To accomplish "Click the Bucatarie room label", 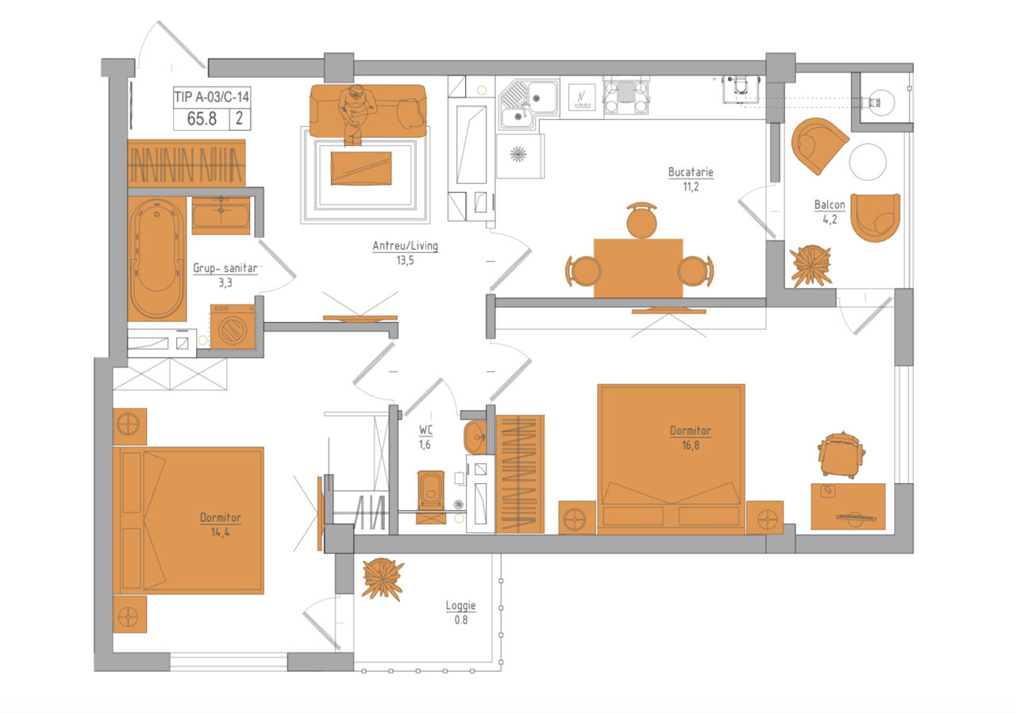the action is click(x=691, y=172).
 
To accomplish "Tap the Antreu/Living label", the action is click(x=405, y=246).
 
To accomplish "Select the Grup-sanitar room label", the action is click(x=225, y=268).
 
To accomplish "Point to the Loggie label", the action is click(x=460, y=606).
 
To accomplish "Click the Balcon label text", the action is click(x=829, y=205).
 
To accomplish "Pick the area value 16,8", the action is click(x=691, y=445).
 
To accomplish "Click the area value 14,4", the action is click(x=220, y=532).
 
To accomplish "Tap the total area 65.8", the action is click(x=202, y=119).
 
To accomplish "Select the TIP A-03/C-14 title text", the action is click(x=212, y=97).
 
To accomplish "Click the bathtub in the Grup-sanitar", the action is click(x=157, y=259).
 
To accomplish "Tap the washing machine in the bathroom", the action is click(x=233, y=327).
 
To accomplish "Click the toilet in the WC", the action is click(x=431, y=493).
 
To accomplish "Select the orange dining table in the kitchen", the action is click(x=638, y=268).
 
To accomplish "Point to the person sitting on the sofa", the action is click(x=357, y=113).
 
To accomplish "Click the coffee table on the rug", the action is click(x=361, y=168).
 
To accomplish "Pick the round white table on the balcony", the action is click(x=868, y=162).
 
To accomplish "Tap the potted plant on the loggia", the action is click(x=383, y=579).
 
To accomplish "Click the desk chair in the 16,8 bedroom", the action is click(x=841, y=455).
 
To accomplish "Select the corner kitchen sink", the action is click(x=529, y=105).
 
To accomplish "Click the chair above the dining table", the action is click(x=641, y=220).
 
